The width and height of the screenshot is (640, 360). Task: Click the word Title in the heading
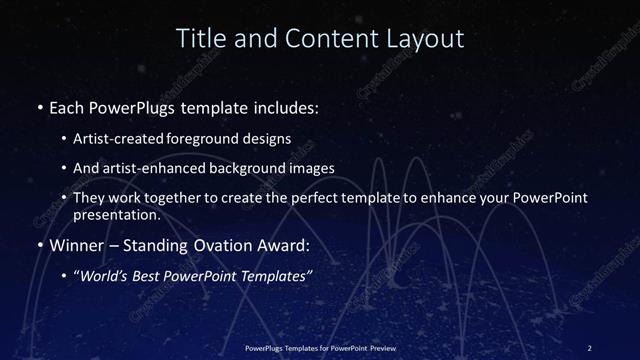tap(198, 39)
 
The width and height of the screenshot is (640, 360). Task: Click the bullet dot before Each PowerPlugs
tap(38, 105)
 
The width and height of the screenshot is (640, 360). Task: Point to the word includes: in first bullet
tap(289, 105)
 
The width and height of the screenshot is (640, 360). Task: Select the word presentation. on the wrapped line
tap(116, 214)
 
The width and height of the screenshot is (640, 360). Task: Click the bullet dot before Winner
tap(38, 244)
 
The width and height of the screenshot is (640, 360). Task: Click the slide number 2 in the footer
tap(589, 347)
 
